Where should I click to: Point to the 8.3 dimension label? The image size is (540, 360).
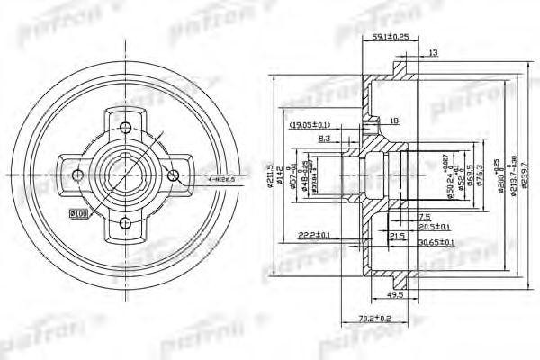[x=325, y=139]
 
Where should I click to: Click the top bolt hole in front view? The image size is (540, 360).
[x=126, y=126]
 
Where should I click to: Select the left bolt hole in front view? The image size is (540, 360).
[x=77, y=174]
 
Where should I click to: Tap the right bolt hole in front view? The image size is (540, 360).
[x=175, y=174]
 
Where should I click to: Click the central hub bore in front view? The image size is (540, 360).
[x=126, y=174]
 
